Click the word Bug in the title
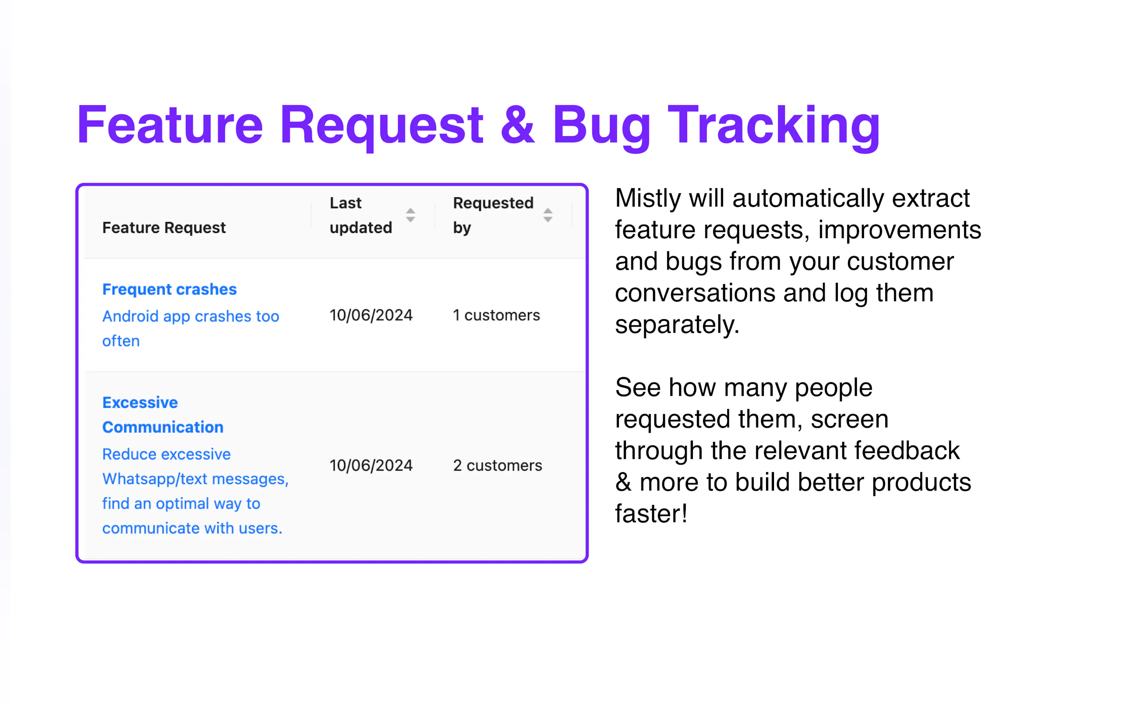[602, 127]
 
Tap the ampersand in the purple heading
[518, 124]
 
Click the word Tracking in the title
[774, 127]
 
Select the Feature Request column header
[164, 228]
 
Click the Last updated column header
[361, 215]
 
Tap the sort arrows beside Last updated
[410, 215]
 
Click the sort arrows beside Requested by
[548, 215]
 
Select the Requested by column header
[493, 215]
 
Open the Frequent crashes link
[169, 289]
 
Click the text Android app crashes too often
[191, 328]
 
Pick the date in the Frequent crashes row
[371, 315]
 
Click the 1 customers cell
[496, 315]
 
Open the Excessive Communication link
[163, 415]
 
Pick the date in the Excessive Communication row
[371, 465]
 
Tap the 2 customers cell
[497, 465]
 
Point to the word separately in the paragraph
[677, 325]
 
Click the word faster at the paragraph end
[651, 513]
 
